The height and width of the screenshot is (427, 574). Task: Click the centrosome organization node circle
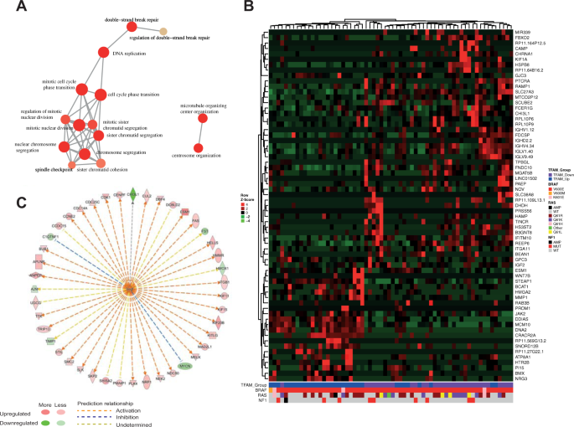(x=199, y=149)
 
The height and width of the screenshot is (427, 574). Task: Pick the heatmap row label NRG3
(x=522, y=379)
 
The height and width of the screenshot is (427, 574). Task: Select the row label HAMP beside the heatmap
(x=522, y=237)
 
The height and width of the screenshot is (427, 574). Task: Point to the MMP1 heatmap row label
(x=522, y=297)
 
